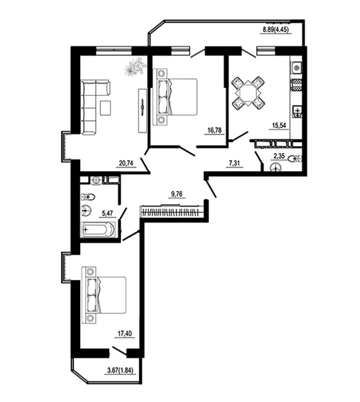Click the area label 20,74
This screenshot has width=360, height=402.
click(126, 163)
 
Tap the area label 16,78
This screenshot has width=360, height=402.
click(215, 130)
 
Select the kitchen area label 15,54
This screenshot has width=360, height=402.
click(278, 125)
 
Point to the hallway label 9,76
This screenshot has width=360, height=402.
click(177, 194)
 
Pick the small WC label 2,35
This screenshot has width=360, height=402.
click(279, 156)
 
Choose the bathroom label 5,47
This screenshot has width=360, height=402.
click(107, 213)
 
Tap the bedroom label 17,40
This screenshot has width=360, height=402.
click(125, 333)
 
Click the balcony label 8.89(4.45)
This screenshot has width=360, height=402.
click(275, 30)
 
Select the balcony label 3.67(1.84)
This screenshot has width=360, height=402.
click(120, 370)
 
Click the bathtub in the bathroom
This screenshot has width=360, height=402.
click(98, 229)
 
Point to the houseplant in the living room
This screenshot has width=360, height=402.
click(135, 66)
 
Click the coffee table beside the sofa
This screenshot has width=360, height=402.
click(106, 108)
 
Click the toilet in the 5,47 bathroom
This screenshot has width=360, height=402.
click(89, 197)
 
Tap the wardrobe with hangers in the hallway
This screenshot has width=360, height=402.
click(170, 211)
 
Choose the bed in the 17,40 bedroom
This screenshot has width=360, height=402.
click(105, 295)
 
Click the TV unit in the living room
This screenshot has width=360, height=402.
click(143, 110)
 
